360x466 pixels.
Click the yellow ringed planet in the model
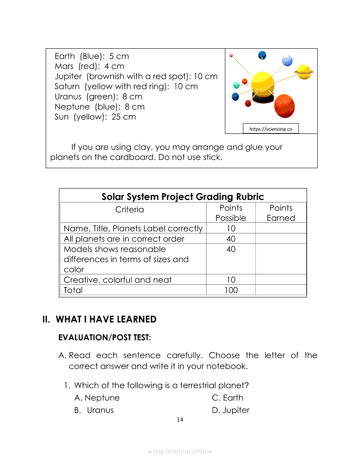pyautogui.click(x=304, y=72)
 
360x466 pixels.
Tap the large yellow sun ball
pyautogui.click(x=263, y=83)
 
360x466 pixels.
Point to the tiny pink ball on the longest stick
pyautogui.click(x=231, y=55)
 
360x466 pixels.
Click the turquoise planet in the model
pyautogui.click(x=236, y=85)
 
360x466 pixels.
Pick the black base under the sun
pyautogui.click(x=263, y=100)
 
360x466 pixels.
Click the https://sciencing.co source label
pyautogui.click(x=271, y=129)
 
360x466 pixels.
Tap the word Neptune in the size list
pyautogui.click(x=72, y=107)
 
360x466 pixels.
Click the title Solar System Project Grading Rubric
pyautogui.click(x=183, y=197)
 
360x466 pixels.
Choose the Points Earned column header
pyautogui.click(x=281, y=213)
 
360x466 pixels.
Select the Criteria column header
pyautogui.click(x=130, y=210)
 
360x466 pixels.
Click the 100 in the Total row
pyautogui.click(x=231, y=290)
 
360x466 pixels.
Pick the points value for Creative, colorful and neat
pyautogui.click(x=231, y=280)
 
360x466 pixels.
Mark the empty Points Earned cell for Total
pyautogui.click(x=281, y=290)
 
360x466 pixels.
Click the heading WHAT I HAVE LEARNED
pyautogui.click(x=106, y=319)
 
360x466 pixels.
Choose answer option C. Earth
pyautogui.click(x=228, y=398)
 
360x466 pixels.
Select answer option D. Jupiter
pyautogui.click(x=231, y=410)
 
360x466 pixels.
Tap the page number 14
pyautogui.click(x=180, y=419)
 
